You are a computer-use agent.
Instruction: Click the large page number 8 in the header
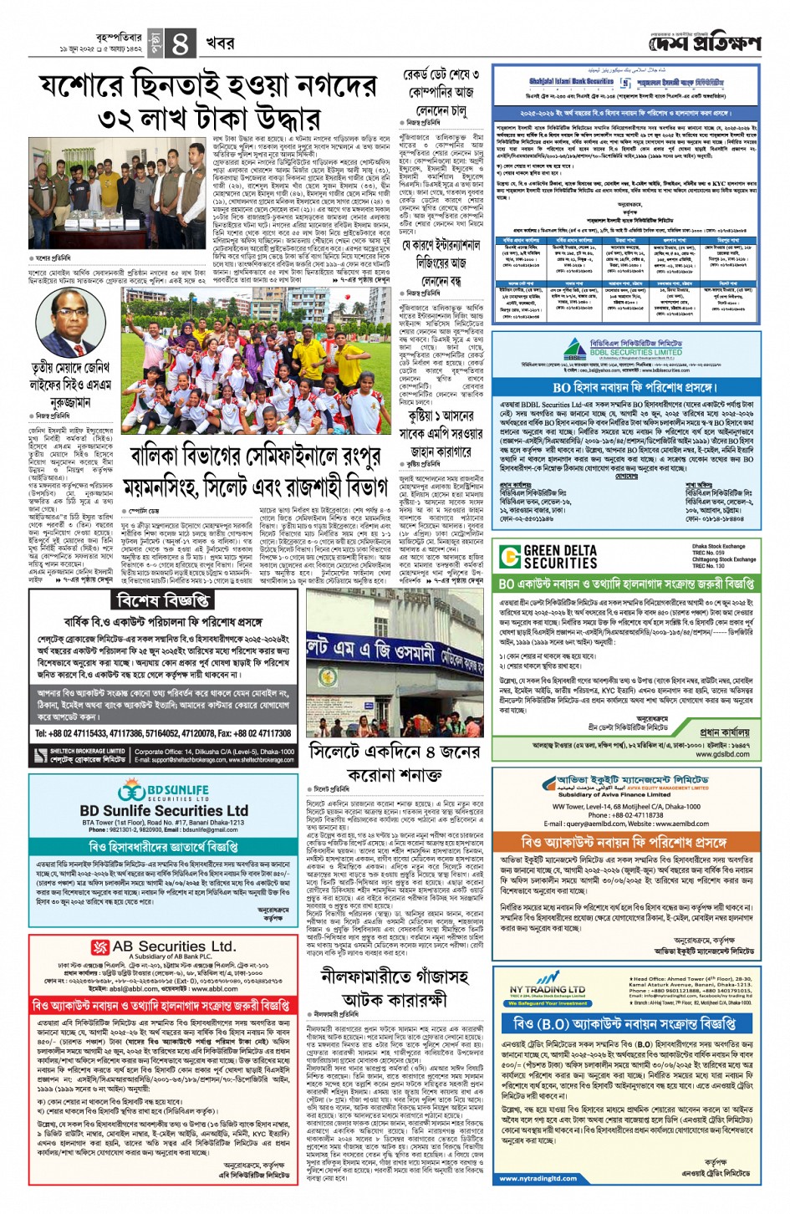coord(181,43)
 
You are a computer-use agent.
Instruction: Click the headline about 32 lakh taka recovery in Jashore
coord(208,101)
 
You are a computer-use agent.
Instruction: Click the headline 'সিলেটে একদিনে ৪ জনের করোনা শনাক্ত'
coord(394,762)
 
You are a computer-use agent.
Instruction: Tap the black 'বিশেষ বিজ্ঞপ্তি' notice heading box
coord(164,600)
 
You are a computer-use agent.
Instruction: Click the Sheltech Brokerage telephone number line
coord(163,733)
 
